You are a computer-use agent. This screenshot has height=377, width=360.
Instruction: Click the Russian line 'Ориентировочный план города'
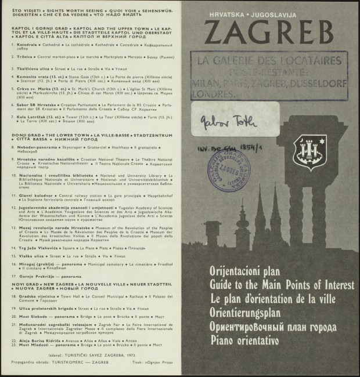pos(273,326)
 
